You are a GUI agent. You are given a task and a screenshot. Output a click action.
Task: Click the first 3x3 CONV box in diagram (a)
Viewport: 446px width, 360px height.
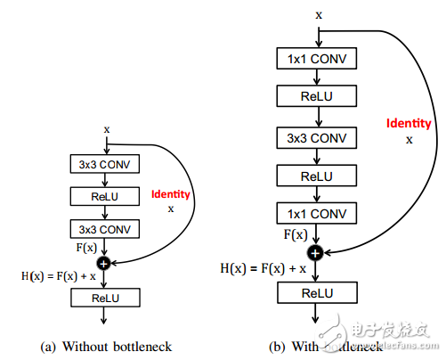click(x=105, y=164)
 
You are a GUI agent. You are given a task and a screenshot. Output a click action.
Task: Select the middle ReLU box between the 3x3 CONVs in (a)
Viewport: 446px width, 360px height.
click(x=105, y=194)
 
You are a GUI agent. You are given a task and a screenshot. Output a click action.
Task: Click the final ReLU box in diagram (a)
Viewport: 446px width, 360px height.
click(x=105, y=298)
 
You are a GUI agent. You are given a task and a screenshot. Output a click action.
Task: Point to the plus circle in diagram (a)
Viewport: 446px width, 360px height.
click(x=105, y=263)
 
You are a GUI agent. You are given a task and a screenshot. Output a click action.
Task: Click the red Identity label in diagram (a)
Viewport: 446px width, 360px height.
click(x=170, y=192)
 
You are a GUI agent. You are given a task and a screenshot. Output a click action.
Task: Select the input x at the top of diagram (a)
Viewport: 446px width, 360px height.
click(x=106, y=129)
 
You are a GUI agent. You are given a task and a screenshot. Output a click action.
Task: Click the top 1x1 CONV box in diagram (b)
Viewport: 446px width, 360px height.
click(x=319, y=59)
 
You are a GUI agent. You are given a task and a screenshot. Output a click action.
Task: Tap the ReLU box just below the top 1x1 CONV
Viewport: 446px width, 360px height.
click(x=319, y=95)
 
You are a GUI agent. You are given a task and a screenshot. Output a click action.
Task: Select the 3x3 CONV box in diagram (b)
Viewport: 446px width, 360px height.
click(x=319, y=139)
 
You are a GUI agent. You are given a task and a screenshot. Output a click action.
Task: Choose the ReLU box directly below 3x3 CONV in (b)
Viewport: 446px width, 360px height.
click(x=319, y=176)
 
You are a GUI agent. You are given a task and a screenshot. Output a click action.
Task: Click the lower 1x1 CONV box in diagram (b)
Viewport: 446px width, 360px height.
click(x=319, y=215)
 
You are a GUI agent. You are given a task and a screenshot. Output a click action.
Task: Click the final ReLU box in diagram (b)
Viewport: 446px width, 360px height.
click(x=319, y=291)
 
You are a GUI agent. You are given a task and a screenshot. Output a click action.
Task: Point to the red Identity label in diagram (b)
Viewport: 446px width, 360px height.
click(x=409, y=123)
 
